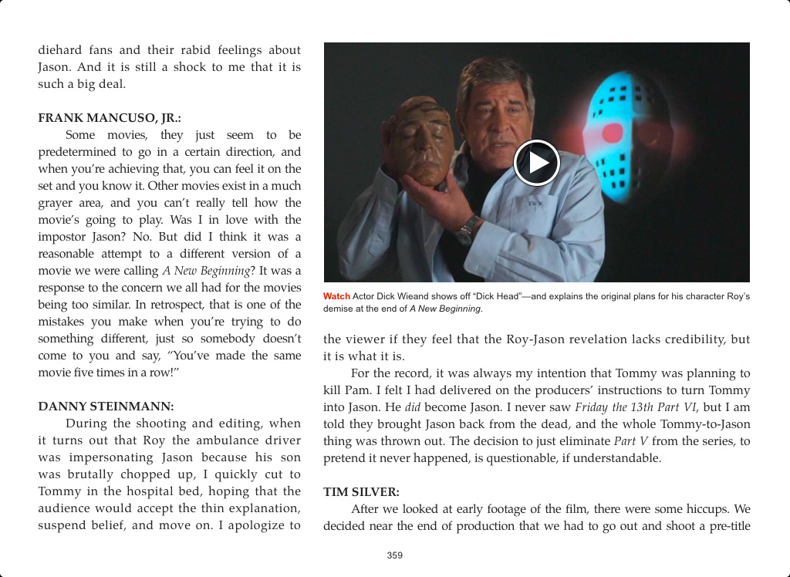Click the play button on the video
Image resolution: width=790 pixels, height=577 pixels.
[536, 163]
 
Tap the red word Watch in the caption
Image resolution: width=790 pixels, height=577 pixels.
[336, 296]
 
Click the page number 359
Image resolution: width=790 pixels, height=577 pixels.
[395, 555]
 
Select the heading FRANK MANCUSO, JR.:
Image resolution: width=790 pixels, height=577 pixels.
[110, 118]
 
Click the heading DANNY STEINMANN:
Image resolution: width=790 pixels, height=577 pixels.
[106, 407]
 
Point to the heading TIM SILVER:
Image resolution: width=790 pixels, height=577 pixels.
[361, 491]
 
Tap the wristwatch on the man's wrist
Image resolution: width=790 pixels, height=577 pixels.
[468, 229]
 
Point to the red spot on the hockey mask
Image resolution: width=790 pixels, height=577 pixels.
[613, 133]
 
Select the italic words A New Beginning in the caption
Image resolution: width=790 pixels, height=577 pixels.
[445, 309]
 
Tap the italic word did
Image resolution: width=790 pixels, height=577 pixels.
[413, 407]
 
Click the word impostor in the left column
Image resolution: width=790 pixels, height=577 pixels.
[63, 237]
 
